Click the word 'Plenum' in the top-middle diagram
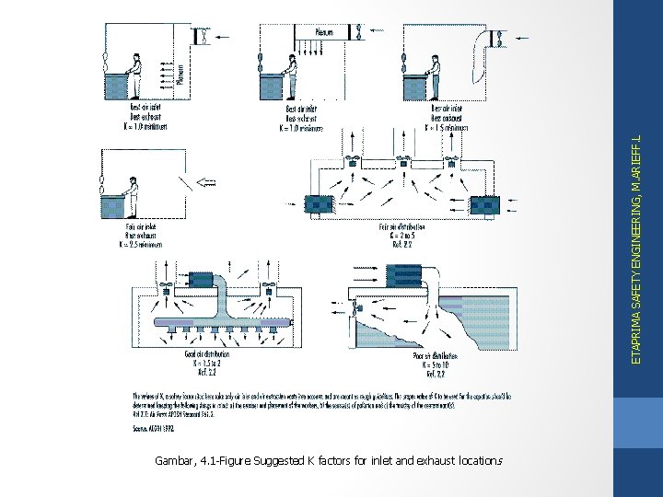325,32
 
